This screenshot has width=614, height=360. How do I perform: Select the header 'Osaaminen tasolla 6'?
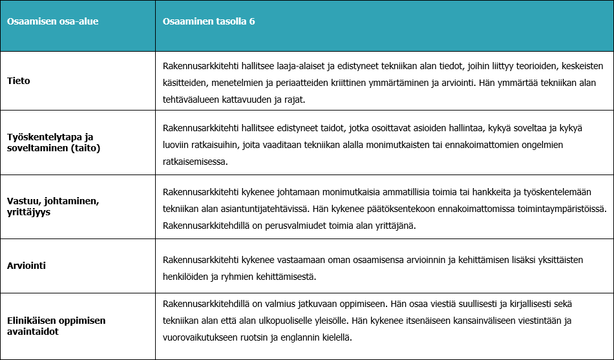click(209, 21)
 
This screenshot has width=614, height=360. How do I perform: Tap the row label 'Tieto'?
click(19, 81)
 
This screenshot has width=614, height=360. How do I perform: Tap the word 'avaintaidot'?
click(33, 331)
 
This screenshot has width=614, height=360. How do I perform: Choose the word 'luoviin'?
click(178, 145)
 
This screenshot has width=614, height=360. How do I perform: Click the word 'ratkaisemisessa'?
click(195, 162)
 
